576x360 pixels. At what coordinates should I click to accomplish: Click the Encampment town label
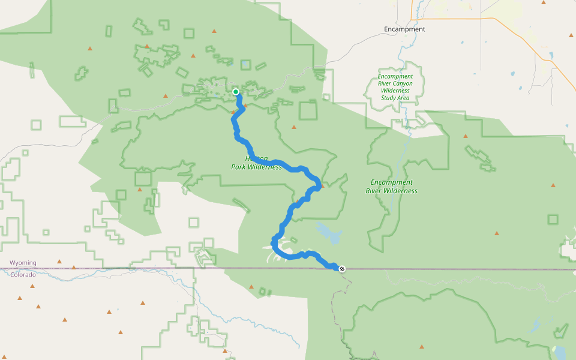pyautogui.click(x=404, y=29)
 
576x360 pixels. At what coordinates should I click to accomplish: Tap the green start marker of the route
pyautogui.click(x=236, y=92)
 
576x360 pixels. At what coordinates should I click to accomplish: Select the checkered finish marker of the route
pyautogui.click(x=342, y=268)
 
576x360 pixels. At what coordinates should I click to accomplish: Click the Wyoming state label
pyautogui.click(x=23, y=263)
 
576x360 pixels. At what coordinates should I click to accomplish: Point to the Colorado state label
pyautogui.click(x=23, y=275)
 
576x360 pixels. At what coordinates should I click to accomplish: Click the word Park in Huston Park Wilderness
pyautogui.click(x=239, y=167)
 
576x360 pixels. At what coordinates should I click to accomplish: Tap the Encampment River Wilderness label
pyautogui.click(x=391, y=187)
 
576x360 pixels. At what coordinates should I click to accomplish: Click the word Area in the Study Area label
pyautogui.click(x=403, y=98)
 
